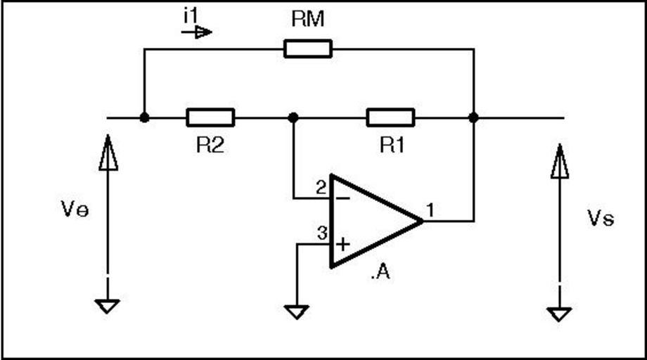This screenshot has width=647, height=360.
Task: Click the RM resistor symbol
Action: (308, 49)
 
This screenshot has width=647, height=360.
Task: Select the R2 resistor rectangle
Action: (210, 117)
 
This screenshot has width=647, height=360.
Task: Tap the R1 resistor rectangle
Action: (390, 117)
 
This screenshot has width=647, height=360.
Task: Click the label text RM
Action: (308, 20)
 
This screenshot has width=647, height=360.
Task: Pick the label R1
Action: (392, 146)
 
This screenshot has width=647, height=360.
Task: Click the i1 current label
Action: (190, 15)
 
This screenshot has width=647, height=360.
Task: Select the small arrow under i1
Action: (202, 32)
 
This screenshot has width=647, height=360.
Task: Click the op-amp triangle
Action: (373, 221)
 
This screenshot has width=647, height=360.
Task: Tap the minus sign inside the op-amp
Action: (342, 198)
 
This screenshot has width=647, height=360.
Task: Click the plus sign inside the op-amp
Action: (342, 245)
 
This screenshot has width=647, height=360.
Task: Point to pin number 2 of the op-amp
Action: (321, 188)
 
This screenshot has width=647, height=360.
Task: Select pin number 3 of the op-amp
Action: (321, 234)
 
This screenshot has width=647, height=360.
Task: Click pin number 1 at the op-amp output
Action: (430, 209)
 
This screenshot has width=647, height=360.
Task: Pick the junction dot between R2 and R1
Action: (294, 117)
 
